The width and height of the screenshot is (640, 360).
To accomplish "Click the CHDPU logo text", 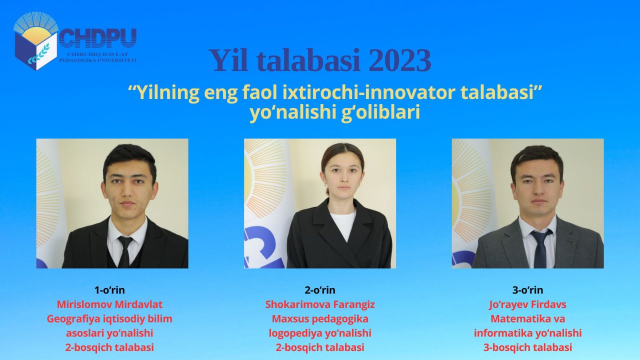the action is [x=97, y=38].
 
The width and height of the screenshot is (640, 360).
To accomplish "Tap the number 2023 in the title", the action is [x=399, y=60].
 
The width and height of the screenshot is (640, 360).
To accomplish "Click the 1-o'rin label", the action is [x=109, y=290].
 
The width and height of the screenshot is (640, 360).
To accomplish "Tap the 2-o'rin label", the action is [x=320, y=290].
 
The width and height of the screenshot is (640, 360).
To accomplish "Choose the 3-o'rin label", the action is [x=527, y=290].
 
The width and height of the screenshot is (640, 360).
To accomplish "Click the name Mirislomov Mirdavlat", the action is [x=109, y=304].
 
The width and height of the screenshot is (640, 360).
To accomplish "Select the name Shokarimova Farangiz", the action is [x=320, y=304].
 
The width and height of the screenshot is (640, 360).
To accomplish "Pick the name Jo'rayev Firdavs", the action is [x=527, y=305].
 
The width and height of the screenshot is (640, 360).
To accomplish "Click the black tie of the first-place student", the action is [x=125, y=252].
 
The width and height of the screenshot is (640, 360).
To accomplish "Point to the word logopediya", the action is [x=295, y=333].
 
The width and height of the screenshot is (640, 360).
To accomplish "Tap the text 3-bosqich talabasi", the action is [x=527, y=347].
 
